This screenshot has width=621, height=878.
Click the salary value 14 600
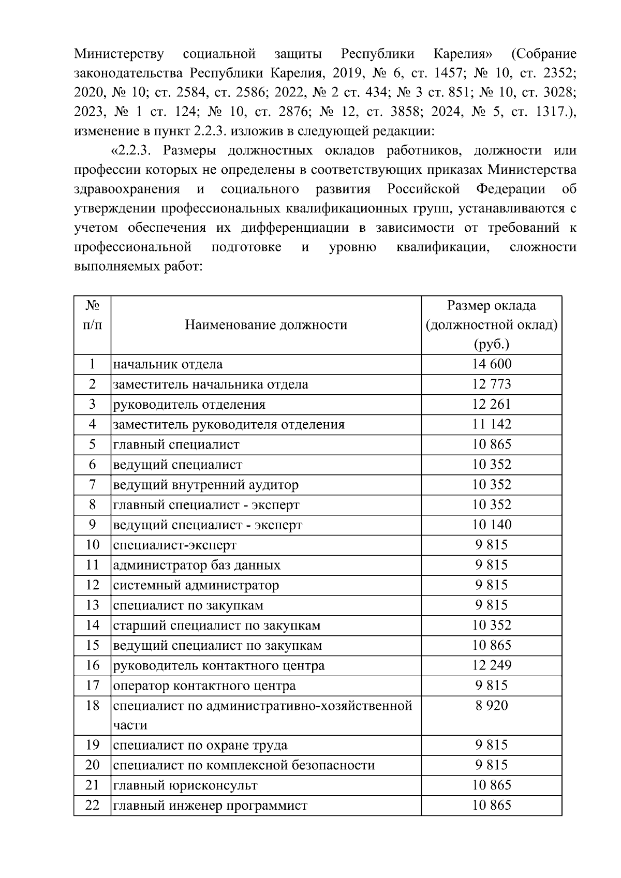click(x=491, y=364)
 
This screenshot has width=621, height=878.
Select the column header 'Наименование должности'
click(x=266, y=325)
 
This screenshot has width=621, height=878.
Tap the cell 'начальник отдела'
click(x=168, y=364)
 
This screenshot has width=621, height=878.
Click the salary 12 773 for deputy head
click(x=491, y=384)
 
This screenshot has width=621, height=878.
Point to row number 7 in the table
click(x=92, y=485)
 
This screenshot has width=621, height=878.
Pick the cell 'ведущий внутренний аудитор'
click(x=206, y=485)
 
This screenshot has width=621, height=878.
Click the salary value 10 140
click(x=491, y=525)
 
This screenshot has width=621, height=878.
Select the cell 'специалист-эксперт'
click(x=175, y=545)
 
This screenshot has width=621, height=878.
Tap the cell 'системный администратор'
click(x=196, y=585)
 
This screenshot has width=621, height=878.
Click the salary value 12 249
click(x=491, y=665)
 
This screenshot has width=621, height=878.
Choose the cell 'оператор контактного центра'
click(x=204, y=686)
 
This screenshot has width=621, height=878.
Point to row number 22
click(x=92, y=806)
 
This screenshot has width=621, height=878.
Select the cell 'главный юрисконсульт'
click(x=185, y=785)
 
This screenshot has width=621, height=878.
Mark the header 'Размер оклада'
click(x=491, y=306)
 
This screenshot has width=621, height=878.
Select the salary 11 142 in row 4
click(x=491, y=425)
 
